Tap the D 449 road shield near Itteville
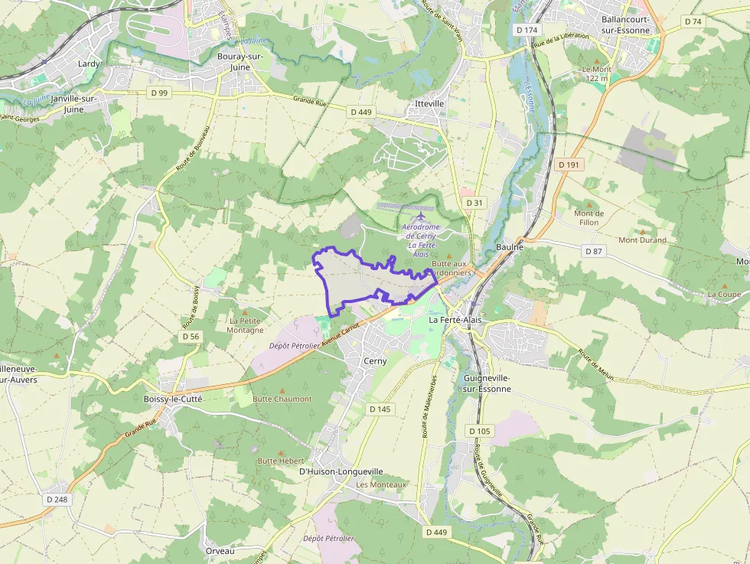click(360, 112)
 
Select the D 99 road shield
click(158, 92)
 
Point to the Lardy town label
click(89, 64)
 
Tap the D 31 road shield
click(474, 202)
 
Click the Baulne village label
click(510, 247)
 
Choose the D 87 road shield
click(593, 251)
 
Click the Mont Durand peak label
click(642, 240)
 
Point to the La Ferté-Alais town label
click(455, 320)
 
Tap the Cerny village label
click(375, 360)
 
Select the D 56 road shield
click(191, 336)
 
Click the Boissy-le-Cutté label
click(172, 399)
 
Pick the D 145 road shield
click(380, 409)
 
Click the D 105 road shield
click(479, 431)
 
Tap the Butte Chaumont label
click(282, 399)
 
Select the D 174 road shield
click(527, 29)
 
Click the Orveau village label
click(220, 551)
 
